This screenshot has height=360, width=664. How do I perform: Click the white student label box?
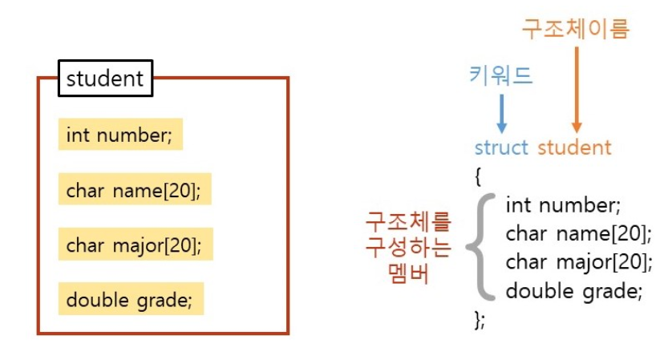tap(105, 79)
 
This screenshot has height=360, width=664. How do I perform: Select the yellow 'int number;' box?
tap(120, 135)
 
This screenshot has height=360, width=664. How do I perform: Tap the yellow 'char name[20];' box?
tap(135, 191)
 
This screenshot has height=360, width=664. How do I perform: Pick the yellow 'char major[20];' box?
tap(136, 245)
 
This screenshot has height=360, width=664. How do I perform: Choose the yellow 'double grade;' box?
tap(131, 301)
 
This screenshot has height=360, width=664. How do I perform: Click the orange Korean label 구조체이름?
tap(576, 29)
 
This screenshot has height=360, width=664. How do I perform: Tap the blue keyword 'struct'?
tap(501, 148)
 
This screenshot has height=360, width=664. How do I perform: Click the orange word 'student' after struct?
tap(574, 148)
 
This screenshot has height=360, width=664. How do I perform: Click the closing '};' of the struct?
tap(480, 320)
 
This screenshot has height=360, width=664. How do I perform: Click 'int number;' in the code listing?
tap(563, 205)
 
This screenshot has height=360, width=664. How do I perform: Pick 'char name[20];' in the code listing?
tap(577, 233)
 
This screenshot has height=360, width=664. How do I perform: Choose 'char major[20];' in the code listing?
tap(579, 262)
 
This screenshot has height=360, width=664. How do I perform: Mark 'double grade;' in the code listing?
tap(574, 291)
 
